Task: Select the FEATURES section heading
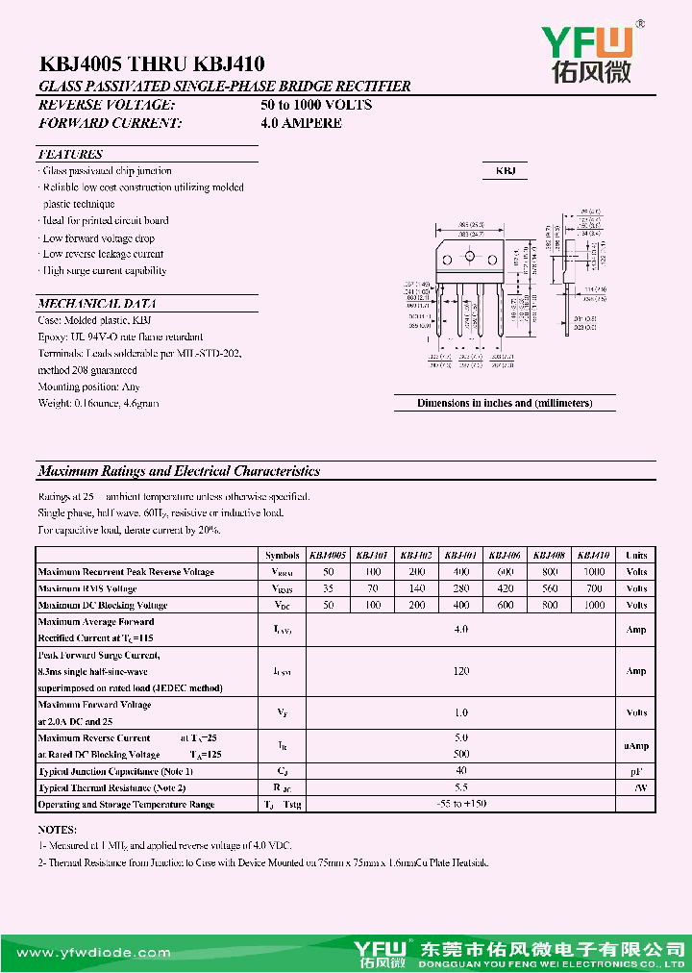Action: click(70, 154)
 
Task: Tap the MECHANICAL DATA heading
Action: click(90, 303)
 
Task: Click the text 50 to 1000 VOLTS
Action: click(316, 105)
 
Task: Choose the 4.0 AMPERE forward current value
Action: click(301, 123)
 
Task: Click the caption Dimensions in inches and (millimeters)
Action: click(505, 404)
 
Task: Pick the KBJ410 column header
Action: click(594, 555)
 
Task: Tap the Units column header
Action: click(636, 555)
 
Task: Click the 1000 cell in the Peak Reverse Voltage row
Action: click(594, 572)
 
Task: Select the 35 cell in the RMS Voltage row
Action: click(328, 588)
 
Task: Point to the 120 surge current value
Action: click(461, 671)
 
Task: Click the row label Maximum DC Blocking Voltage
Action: click(103, 606)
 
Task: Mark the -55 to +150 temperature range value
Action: click(461, 804)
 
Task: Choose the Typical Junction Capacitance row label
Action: click(115, 771)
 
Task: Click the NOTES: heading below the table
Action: click(58, 829)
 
